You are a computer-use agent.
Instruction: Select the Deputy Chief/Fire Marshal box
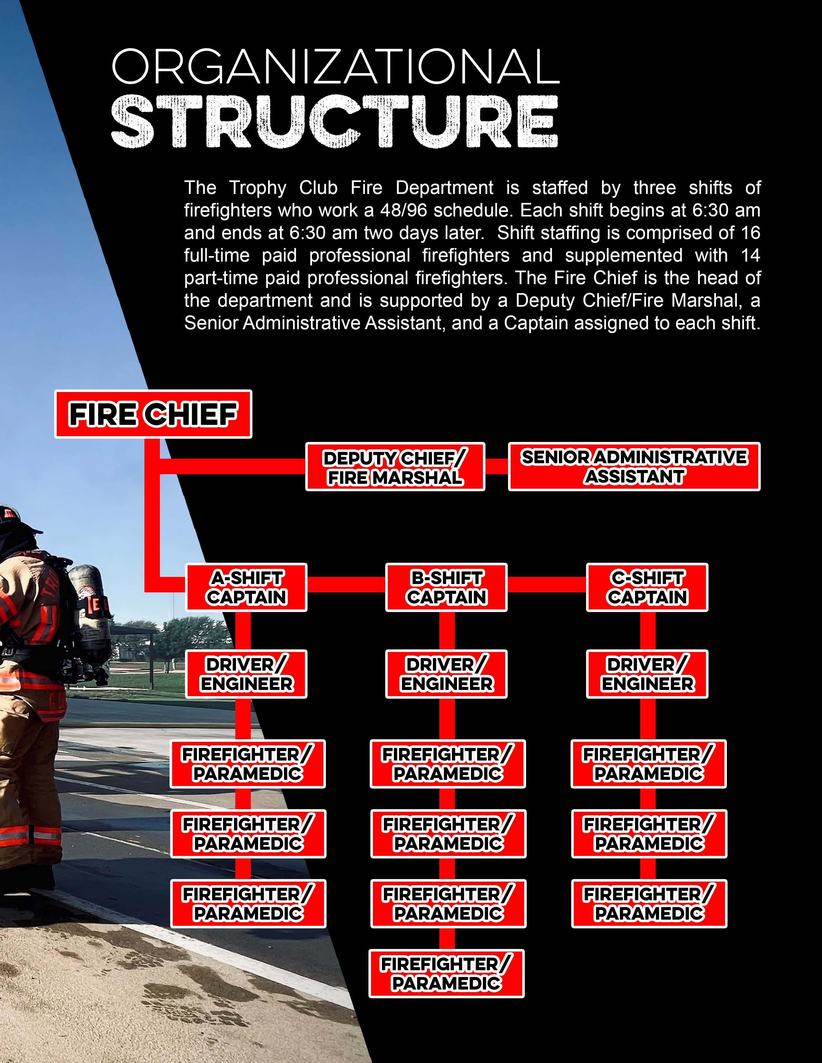tap(395, 467)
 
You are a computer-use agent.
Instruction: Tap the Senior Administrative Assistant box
tap(634, 467)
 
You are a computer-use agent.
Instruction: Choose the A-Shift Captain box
tap(246, 588)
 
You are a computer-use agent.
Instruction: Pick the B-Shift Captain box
tap(446, 588)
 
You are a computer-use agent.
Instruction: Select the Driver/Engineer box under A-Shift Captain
tap(246, 674)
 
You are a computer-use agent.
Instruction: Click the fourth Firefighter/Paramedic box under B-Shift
tap(446, 973)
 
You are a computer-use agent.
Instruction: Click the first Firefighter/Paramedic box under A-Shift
tap(247, 764)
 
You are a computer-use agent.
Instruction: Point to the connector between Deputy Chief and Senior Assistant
tap(497, 466)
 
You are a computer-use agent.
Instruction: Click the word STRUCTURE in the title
tap(335, 122)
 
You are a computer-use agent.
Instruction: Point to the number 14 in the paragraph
tap(749, 255)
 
